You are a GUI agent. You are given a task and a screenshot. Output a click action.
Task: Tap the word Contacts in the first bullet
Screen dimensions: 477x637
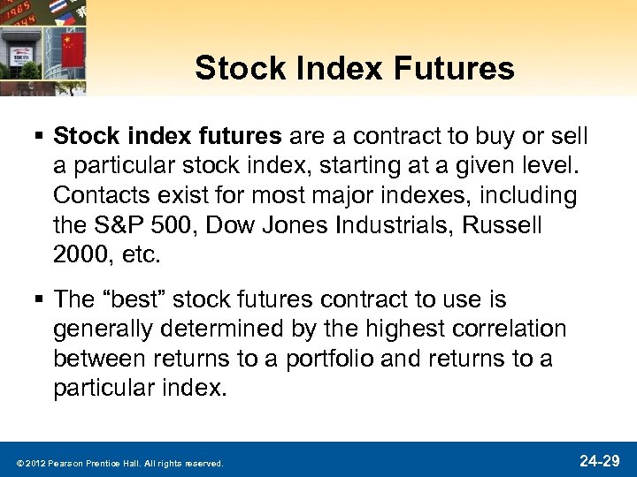pos(104,193)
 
